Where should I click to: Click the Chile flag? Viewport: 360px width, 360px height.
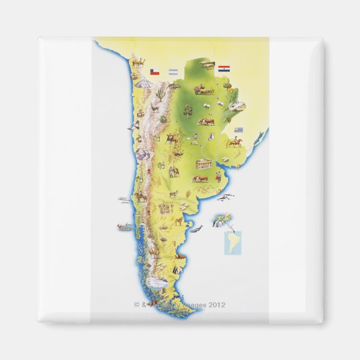coord(154,72)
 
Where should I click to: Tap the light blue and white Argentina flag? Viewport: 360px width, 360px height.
coord(173,72)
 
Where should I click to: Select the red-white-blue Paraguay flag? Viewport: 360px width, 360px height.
coord(224,69)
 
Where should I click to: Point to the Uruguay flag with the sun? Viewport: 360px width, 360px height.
coord(239,130)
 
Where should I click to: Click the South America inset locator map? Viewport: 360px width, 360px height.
coord(233,243)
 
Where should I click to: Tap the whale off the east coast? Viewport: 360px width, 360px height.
coord(196,228)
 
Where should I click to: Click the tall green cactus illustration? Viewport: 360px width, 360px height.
coord(160,93)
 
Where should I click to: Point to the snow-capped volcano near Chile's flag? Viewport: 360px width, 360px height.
coord(144,83)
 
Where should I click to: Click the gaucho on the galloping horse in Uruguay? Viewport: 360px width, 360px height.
coord(235,143)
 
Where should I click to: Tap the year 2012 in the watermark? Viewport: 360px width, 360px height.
coord(216,305)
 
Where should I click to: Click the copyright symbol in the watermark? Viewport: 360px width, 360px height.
coord(136,305)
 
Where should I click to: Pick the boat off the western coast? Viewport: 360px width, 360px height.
coord(125,227)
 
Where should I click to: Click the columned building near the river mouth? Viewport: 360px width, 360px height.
coord(203,164)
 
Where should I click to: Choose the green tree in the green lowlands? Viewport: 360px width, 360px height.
coord(188,111)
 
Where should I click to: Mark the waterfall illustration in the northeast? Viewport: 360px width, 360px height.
coord(237,106)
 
